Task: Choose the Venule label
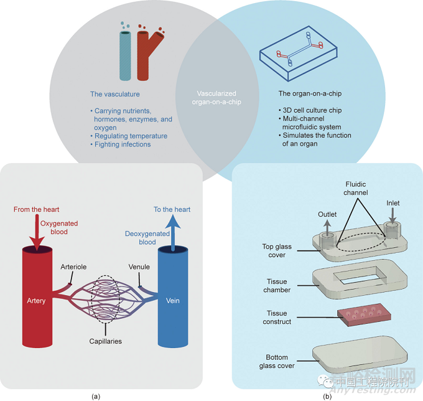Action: (x=139, y=267)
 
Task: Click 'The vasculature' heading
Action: (x=115, y=94)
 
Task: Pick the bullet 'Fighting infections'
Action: (x=124, y=144)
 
